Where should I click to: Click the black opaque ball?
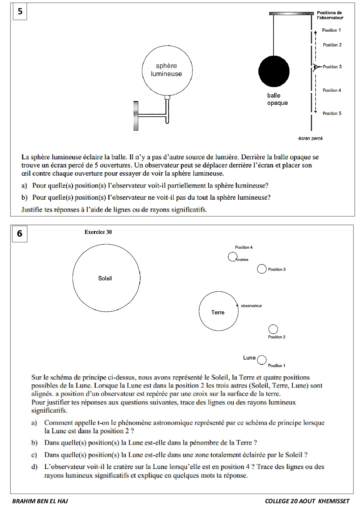point(274,71)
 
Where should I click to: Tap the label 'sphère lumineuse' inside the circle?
point(166,70)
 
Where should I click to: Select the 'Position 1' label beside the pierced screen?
point(331,30)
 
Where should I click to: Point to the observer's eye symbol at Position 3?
point(315,67)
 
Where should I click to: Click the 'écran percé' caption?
point(310,138)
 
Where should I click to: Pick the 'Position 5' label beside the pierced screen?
point(332,113)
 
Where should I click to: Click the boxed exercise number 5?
point(20,12)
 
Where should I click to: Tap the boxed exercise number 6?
point(20,234)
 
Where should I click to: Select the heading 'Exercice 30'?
point(98,232)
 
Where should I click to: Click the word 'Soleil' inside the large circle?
point(105,279)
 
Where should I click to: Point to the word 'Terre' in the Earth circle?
point(218,313)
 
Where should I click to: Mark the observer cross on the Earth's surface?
point(237,306)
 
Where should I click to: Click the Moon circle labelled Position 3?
point(262,269)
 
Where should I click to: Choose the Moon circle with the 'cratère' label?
point(232,257)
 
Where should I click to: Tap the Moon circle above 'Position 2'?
point(273,329)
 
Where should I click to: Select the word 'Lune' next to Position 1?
point(249,358)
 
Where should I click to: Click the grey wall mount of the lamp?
point(136,115)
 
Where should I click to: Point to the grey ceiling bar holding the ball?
point(291,14)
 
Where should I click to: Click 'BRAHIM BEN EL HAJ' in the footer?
point(40,501)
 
